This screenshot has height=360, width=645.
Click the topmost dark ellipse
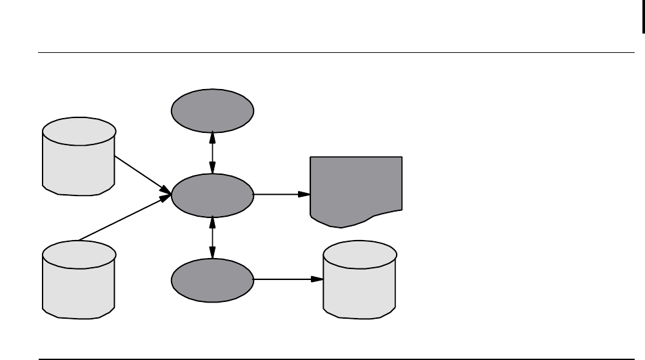click(x=212, y=110)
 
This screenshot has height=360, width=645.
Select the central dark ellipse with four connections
click(x=212, y=194)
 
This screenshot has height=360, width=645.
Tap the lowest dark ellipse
click(x=212, y=280)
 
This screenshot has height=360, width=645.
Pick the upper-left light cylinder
click(x=79, y=156)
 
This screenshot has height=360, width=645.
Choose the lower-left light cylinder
click(x=79, y=279)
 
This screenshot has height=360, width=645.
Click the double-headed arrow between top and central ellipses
click(x=212, y=152)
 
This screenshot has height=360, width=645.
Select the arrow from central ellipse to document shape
click(x=281, y=194)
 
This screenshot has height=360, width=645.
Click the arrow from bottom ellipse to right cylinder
click(x=287, y=280)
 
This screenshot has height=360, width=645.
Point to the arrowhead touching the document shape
click(x=304, y=194)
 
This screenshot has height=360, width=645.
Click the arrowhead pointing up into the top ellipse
click(x=212, y=135)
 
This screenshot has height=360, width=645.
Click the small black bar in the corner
click(x=642, y=17)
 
